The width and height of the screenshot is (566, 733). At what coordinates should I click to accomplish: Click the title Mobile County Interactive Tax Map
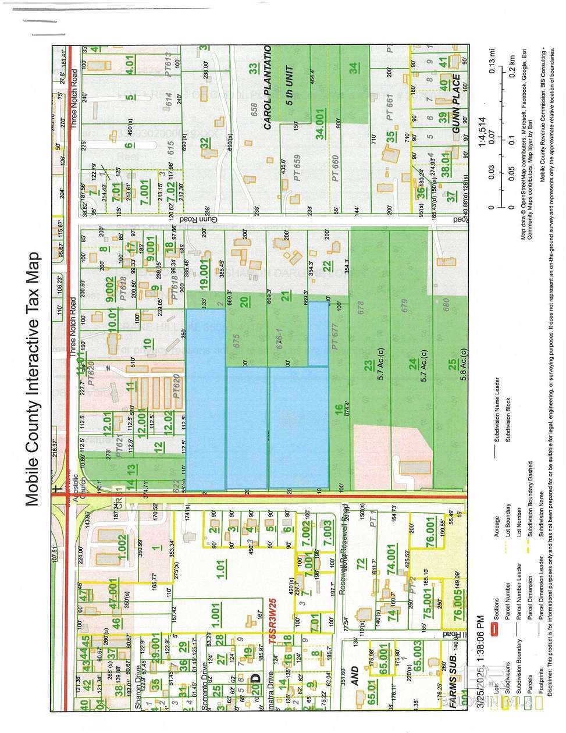(x=31, y=378)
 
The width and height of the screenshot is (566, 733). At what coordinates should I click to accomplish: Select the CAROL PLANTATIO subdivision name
(x=267, y=87)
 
